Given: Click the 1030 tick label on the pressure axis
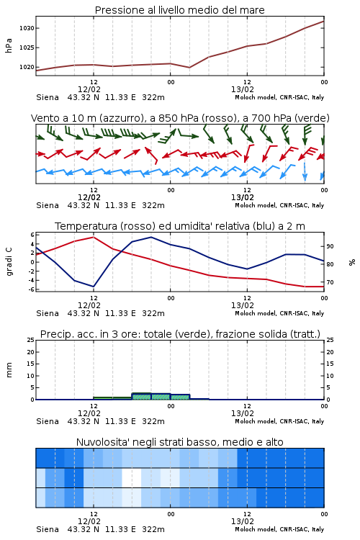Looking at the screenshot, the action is [27, 28].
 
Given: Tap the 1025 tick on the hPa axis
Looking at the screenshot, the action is [27, 48].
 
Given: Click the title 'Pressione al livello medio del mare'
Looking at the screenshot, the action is [180, 10].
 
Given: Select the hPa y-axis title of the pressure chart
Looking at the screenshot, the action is [9, 45].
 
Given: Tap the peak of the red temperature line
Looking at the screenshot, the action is [94, 237].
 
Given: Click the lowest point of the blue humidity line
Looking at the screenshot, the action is [94, 287].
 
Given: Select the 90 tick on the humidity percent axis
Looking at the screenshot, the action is [330, 246].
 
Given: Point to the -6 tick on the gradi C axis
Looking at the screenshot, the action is [31, 289].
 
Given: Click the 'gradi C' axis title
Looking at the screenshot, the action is [9, 262].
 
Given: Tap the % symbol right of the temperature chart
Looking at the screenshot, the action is [352, 262].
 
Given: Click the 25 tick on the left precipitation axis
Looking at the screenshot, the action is [31, 340].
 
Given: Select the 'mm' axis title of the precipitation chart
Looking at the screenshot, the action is [9, 370].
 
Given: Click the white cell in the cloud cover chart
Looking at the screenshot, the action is [132, 477].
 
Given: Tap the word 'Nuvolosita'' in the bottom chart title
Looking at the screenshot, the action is [102, 442].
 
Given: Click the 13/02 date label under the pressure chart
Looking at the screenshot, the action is [243, 89].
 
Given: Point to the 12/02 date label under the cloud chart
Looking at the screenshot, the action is [89, 521].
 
